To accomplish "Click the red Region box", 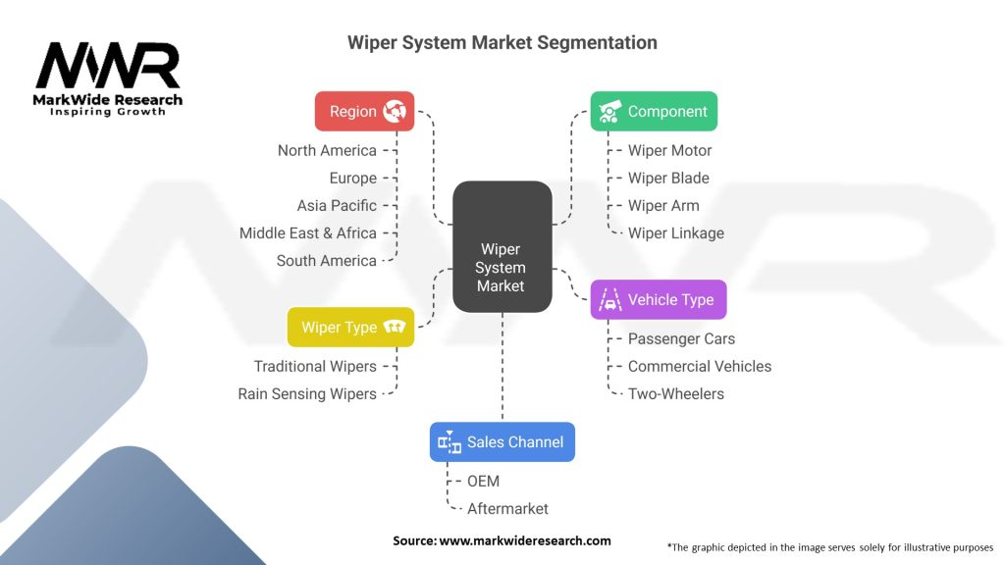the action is pos(364,112).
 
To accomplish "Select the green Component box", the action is pos(654,112).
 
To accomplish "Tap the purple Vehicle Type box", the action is pos(659,300).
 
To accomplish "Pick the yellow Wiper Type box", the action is pos(350,328).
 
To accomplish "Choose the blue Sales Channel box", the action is pos(502,442).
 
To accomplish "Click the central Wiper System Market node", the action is pos(502,246).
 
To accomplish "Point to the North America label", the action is pos(327,150).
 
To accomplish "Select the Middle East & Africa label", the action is pos(307,233).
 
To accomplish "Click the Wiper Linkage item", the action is pos(675,233).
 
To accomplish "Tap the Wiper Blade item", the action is pos(668,179).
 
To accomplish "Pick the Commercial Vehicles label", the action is pos(699,367).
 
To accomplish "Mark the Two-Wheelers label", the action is pos(675,394).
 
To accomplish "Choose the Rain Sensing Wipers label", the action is pos(307,394).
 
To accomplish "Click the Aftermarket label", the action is pos(507,509).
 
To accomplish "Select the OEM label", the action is pos(483,481).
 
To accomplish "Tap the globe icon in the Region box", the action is pos(395,112).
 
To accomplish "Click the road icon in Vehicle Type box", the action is pos(609,300).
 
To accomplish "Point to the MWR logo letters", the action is pos(108,66).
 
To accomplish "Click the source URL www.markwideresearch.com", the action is pos(525,540).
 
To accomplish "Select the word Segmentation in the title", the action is pos(597,43).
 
